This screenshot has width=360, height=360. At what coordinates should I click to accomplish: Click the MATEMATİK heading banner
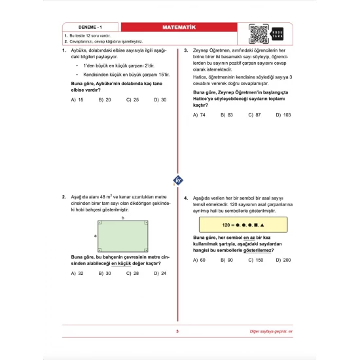pyautogui.click(x=179, y=27)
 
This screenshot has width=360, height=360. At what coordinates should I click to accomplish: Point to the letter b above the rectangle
pyautogui.click(x=123, y=217)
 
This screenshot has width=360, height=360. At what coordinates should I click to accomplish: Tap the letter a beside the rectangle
pyautogui.click(x=96, y=235)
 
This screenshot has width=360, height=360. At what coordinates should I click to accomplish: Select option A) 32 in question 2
pyautogui.click(x=77, y=273)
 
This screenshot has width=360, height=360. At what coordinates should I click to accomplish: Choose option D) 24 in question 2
pyautogui.click(x=160, y=273)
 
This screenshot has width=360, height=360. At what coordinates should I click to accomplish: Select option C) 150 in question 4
pyautogui.click(x=255, y=260)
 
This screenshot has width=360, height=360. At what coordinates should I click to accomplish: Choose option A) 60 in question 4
pyautogui.click(x=199, y=260)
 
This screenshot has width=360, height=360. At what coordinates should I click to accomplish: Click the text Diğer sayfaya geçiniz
pyautogui.click(x=278, y=333)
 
